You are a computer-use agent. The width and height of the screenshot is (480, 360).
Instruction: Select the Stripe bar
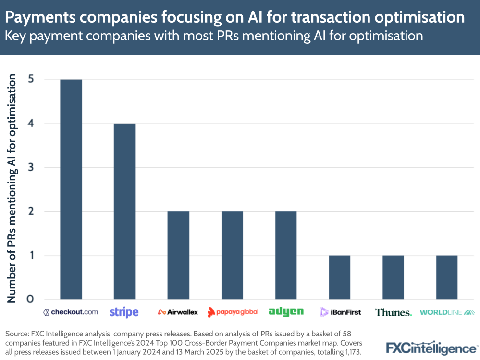124,211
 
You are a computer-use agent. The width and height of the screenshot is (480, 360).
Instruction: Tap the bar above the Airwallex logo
178,255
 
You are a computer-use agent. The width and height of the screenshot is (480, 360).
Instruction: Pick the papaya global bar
232,255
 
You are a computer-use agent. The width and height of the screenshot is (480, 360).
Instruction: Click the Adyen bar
285,255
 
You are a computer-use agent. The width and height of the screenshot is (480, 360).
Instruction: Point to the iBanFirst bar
339,277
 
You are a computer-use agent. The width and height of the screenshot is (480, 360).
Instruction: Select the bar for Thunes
393,277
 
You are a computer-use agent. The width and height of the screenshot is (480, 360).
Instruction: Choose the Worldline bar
446,277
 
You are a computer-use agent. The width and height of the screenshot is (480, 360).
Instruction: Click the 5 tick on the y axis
31,79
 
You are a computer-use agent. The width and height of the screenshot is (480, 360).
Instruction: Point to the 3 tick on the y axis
31,167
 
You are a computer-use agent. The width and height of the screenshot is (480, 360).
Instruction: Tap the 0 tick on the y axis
31,299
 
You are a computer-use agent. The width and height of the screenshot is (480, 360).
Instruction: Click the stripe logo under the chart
124,312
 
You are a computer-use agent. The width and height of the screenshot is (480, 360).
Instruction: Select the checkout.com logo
71,312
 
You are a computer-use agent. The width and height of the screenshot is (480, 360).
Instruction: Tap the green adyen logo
286,312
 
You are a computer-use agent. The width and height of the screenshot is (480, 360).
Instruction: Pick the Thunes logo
393,312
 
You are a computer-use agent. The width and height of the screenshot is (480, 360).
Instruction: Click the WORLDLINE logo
447,312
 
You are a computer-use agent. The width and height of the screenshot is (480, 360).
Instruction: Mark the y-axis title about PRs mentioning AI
12,188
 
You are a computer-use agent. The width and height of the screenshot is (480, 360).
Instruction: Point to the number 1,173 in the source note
350,352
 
